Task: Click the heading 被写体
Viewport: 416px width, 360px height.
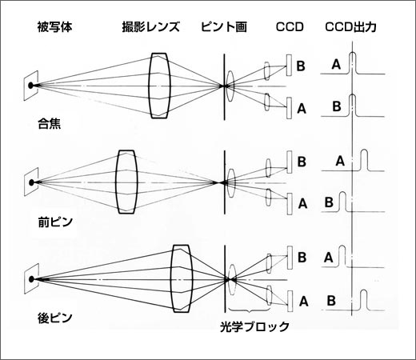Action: click(54, 27)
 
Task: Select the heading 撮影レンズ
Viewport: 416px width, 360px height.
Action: click(151, 27)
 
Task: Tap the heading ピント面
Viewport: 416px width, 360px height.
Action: click(224, 27)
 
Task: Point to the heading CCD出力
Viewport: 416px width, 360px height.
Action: click(350, 27)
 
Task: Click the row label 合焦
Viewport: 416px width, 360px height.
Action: click(50, 124)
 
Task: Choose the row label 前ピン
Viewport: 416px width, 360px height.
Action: click(55, 222)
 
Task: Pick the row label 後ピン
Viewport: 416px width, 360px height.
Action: click(55, 318)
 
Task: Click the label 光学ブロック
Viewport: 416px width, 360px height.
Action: click(254, 326)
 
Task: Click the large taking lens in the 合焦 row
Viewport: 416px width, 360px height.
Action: click(159, 86)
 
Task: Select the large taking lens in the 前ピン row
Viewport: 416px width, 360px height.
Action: click(126, 182)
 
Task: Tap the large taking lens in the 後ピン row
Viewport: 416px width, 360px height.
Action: click(182, 278)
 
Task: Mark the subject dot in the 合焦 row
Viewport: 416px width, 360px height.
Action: click(31, 86)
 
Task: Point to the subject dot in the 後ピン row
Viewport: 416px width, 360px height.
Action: click(32, 279)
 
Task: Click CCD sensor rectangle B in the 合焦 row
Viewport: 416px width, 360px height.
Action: click(289, 66)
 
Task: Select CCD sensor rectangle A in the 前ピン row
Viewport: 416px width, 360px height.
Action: click(290, 204)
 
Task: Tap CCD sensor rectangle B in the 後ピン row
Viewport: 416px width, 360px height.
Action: click(290, 258)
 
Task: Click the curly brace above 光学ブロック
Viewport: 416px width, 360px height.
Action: click(249, 310)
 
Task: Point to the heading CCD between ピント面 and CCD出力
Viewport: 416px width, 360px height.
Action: click(290, 27)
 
